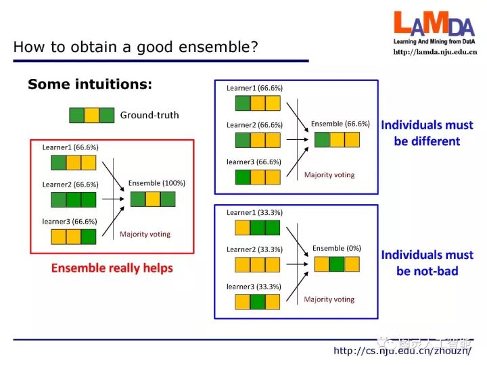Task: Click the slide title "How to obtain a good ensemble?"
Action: click(136, 47)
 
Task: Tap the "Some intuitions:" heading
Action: click(90, 84)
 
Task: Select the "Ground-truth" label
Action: click(149, 115)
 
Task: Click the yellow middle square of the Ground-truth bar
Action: click(92, 116)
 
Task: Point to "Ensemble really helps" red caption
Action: click(112, 268)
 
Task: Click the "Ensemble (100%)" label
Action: click(156, 183)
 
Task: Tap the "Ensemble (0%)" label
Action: click(337, 248)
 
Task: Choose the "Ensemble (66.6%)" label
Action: click(340, 124)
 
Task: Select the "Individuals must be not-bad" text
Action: click(427, 263)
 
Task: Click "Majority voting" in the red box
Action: click(145, 235)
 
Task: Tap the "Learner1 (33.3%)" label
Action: click(254, 212)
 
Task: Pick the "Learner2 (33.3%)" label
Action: click(254, 249)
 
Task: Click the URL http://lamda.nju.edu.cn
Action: click(435, 52)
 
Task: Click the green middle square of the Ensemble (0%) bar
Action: click(337, 264)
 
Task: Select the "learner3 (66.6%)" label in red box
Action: click(70, 221)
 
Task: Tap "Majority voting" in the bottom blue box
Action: click(329, 299)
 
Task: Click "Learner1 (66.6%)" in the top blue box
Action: click(254, 88)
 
